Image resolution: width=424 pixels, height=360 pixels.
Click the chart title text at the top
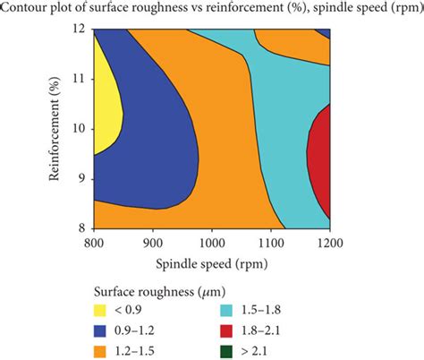tap(212, 8)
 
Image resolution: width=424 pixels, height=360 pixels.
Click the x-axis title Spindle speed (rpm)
tap(212, 266)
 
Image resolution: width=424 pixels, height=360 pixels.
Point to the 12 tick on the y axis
tap(80, 29)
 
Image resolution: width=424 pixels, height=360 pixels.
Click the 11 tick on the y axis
tap(80, 78)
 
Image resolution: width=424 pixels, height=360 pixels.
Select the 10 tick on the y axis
tap(80, 128)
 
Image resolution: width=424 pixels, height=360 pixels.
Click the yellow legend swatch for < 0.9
tap(104, 309)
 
